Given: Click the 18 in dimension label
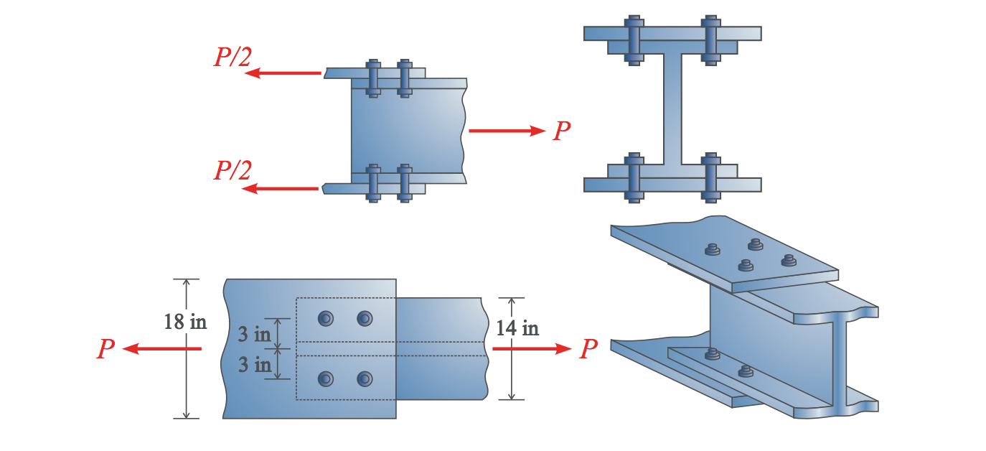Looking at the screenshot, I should [x=185, y=322].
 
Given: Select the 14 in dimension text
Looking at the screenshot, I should [x=517, y=328].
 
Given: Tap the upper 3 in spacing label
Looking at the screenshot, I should [x=254, y=335].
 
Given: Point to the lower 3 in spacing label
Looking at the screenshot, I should [x=254, y=365].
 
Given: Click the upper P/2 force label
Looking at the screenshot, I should [x=232, y=57].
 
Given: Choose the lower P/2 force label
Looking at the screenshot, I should [x=232, y=171].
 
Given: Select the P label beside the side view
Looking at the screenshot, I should [x=562, y=131].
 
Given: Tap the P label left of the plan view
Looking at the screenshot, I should [x=105, y=349].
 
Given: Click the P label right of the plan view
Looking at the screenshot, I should [x=588, y=349].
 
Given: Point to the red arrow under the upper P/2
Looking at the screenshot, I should [x=286, y=73].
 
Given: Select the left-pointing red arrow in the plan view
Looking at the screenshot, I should [x=161, y=349].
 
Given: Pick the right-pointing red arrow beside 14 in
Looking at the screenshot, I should [x=531, y=349].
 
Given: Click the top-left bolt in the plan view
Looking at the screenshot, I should [x=327, y=318].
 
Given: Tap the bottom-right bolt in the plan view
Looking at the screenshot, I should [x=365, y=378].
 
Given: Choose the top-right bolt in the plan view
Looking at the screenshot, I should [x=365, y=318].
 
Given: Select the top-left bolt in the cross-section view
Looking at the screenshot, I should [x=633, y=40].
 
